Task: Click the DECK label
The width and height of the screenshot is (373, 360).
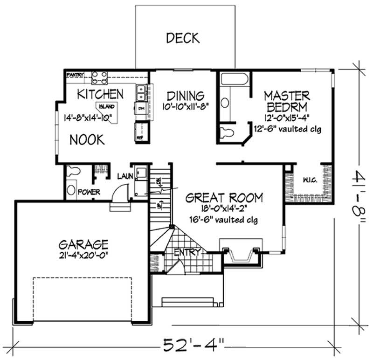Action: point(182,38)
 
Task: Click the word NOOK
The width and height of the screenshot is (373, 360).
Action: point(87,139)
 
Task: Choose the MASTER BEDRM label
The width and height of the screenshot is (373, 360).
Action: point(286,101)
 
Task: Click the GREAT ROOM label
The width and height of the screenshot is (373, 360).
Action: point(224,197)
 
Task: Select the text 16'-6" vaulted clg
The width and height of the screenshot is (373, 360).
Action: point(224,220)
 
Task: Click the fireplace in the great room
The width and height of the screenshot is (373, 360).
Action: point(241,254)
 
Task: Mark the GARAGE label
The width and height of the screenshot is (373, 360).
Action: point(83,244)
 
